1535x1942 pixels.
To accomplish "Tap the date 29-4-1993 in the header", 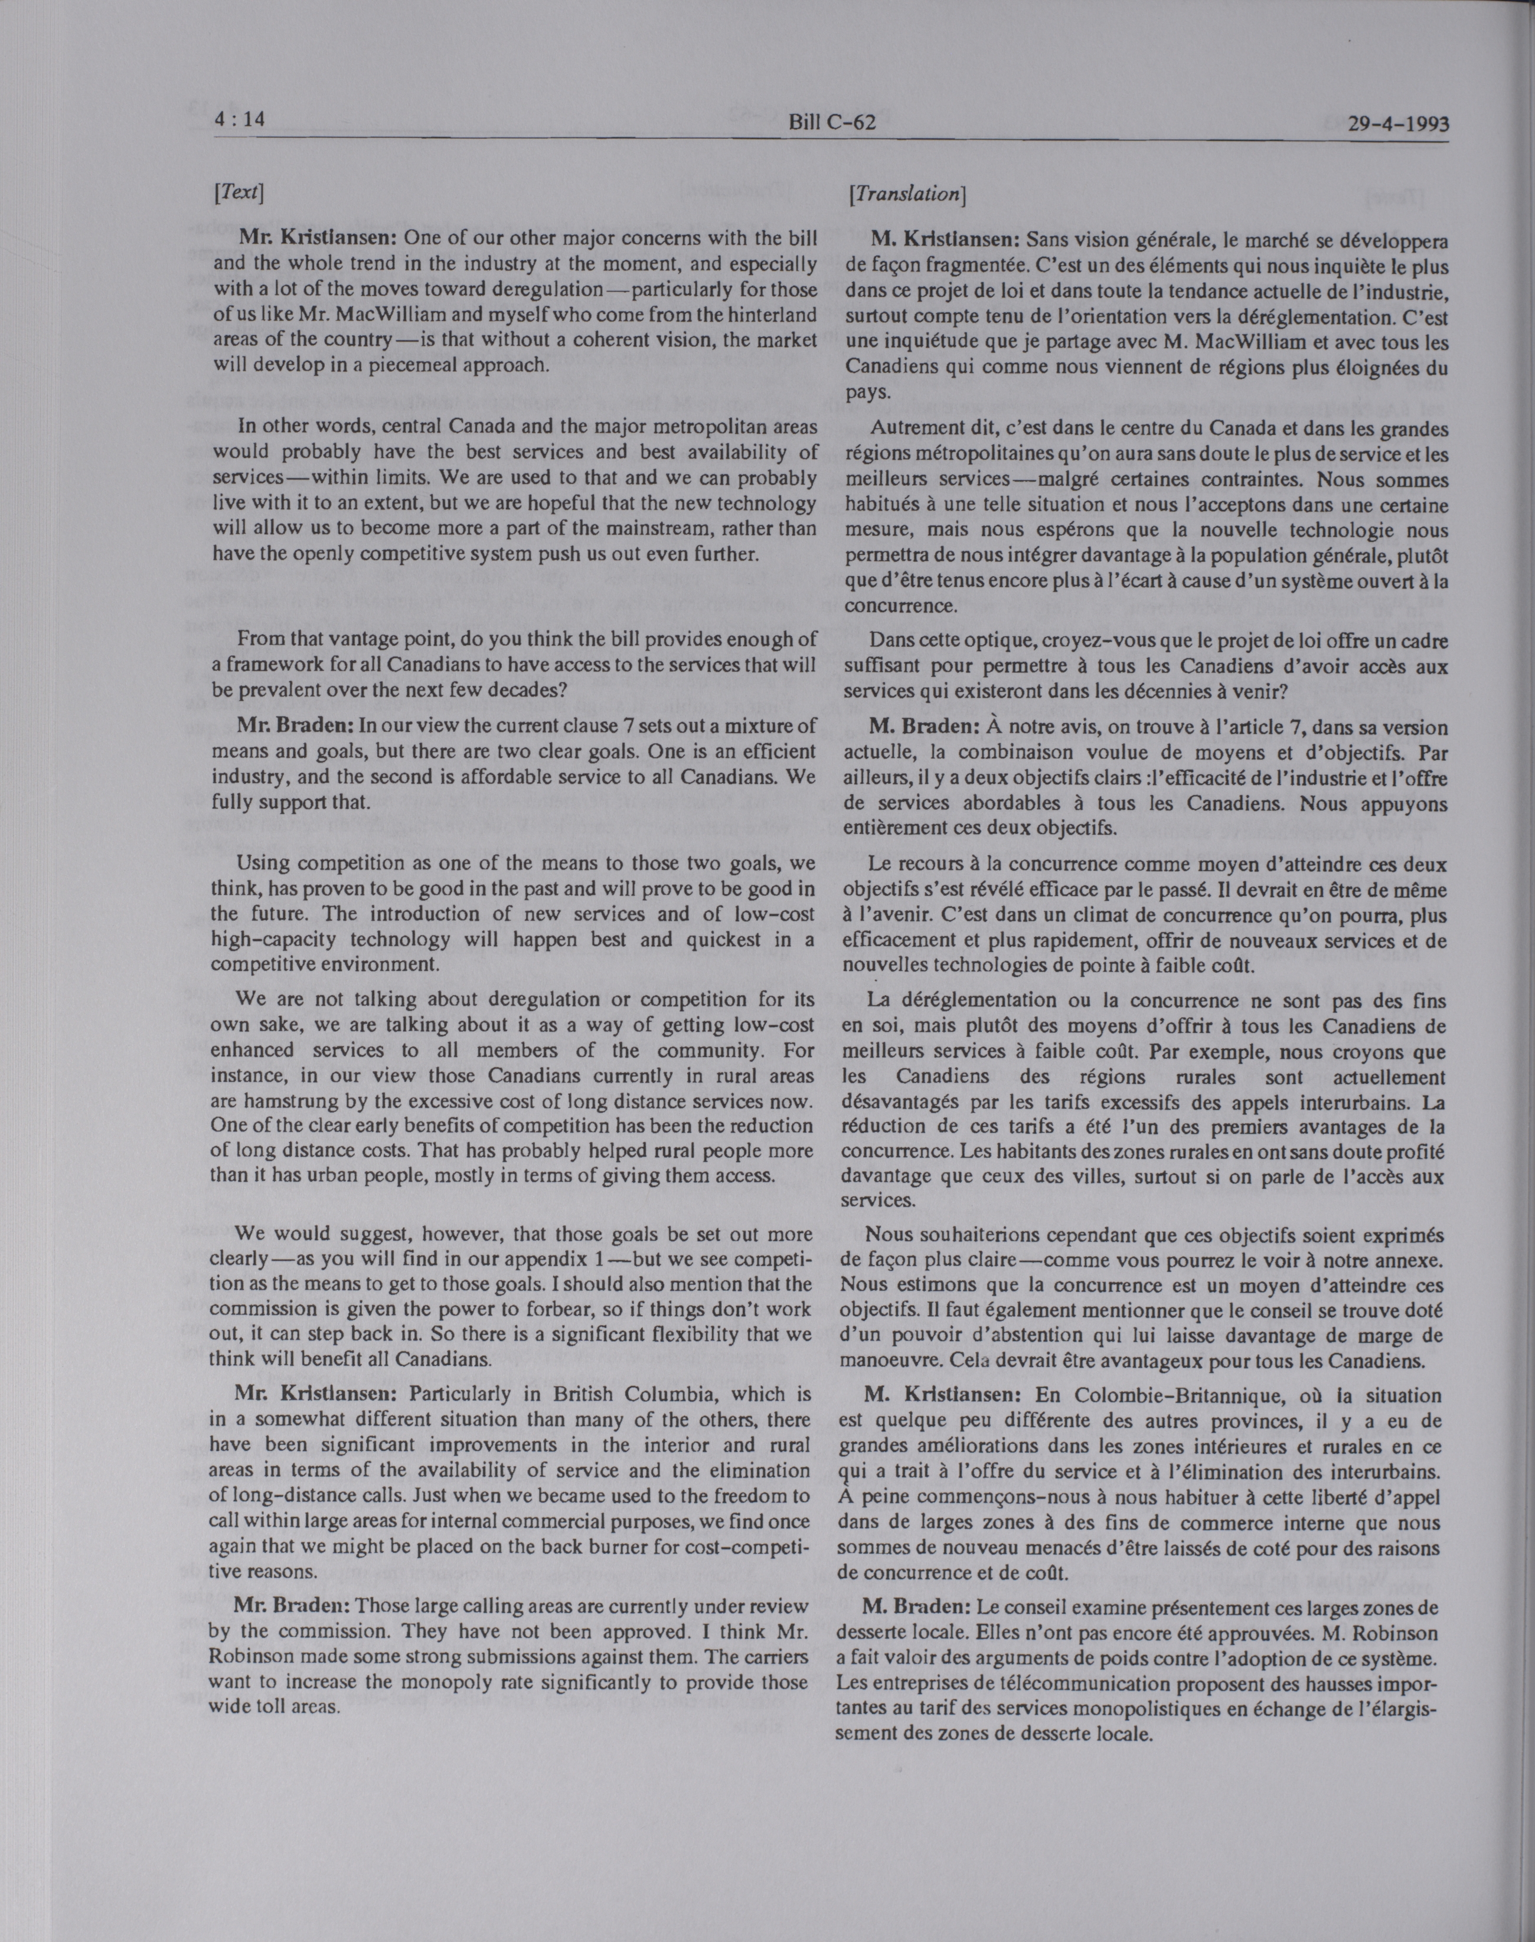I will tap(1399, 124).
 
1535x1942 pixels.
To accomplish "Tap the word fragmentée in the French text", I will tap(970, 266).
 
